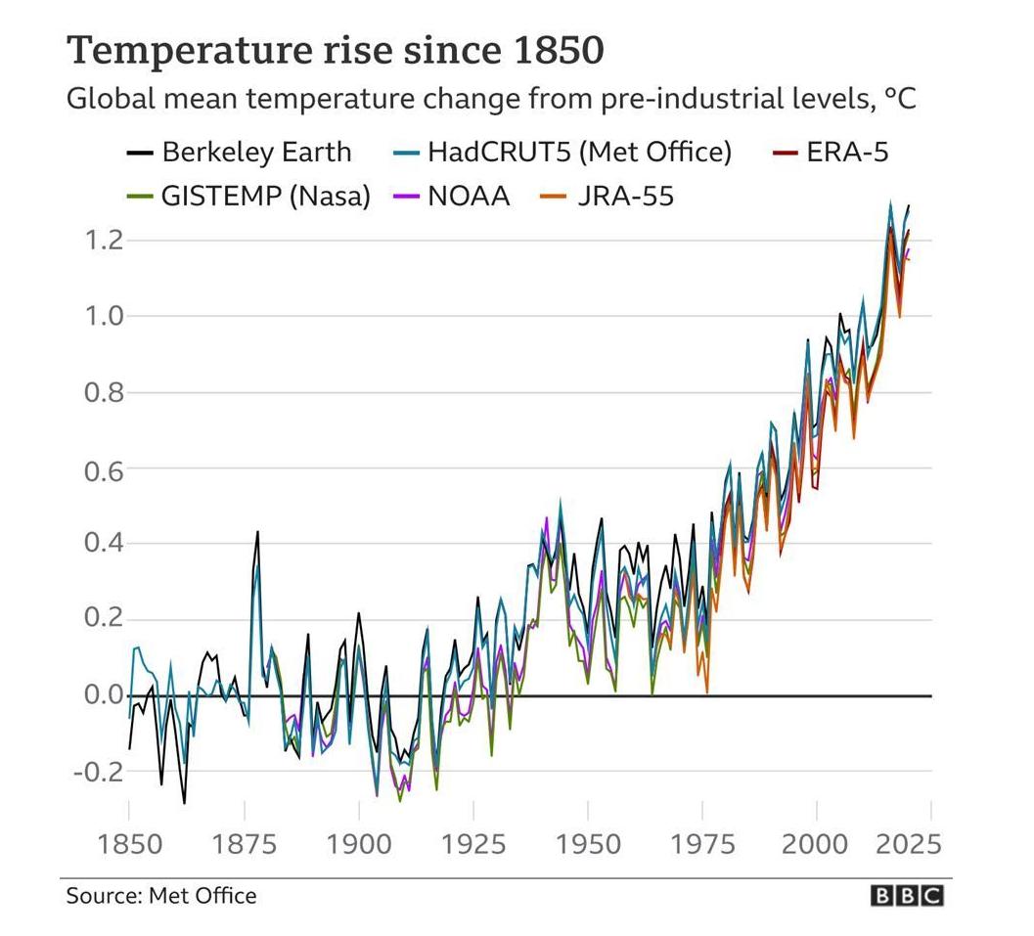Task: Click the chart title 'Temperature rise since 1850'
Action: (335, 50)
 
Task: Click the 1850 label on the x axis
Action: (128, 842)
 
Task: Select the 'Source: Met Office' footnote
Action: (161, 896)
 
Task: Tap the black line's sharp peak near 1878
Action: (257, 533)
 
